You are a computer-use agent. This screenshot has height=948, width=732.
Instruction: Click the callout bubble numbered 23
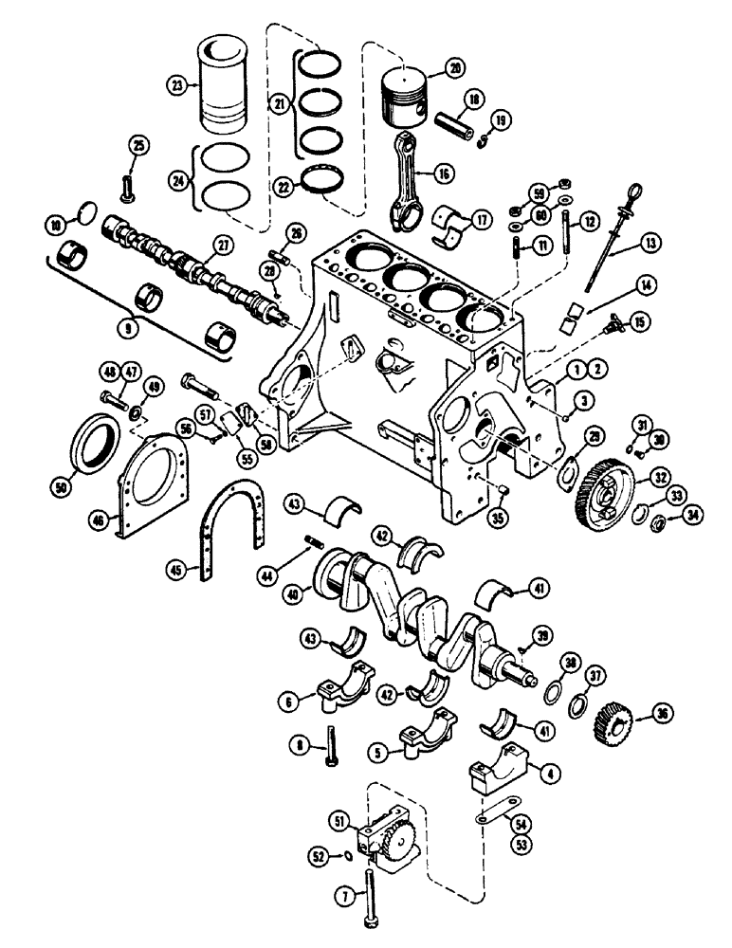click(176, 83)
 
